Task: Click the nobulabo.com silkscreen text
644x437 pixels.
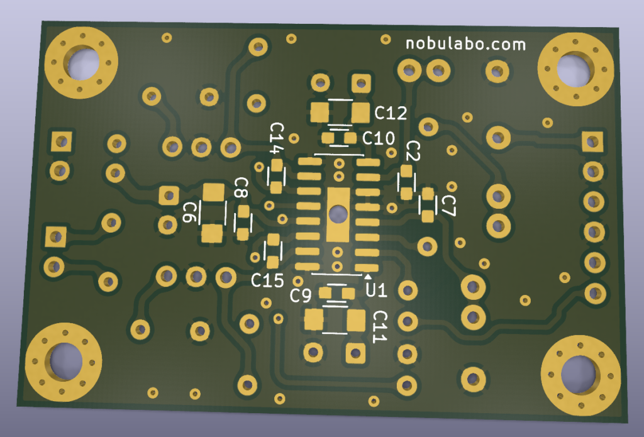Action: (466, 44)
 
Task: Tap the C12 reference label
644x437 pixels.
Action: (391, 113)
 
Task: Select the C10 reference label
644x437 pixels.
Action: (378, 138)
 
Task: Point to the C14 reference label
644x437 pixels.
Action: (277, 138)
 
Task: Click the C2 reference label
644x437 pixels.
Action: (413, 150)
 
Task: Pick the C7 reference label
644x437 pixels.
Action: (448, 206)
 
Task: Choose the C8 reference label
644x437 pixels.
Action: (241, 188)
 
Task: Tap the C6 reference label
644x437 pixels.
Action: (189, 212)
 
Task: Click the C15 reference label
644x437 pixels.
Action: (267, 280)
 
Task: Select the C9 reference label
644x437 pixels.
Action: (300, 296)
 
